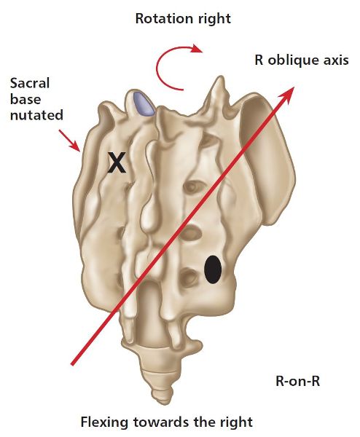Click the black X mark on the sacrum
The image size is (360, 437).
[117, 162]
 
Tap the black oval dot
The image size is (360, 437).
[213, 269]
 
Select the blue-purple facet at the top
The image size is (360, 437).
[144, 103]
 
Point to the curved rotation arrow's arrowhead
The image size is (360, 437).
[197, 49]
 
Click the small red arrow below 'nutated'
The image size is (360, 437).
[69, 141]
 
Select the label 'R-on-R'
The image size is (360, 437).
[297, 381]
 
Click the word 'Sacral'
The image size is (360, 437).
[30, 83]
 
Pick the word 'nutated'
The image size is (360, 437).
[36, 115]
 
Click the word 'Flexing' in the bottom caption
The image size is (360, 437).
[105, 422]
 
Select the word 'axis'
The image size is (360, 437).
[334, 60]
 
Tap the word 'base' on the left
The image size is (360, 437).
[26, 99]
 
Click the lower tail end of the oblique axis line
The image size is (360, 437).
[72, 363]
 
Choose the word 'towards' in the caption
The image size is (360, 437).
[158, 422]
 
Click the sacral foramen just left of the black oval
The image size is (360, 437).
[189, 277]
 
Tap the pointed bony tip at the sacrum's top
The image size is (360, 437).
[219, 77]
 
